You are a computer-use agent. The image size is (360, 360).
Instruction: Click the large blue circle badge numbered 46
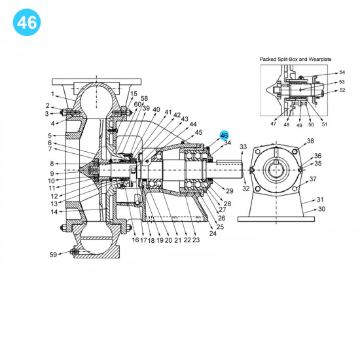pos(27,23)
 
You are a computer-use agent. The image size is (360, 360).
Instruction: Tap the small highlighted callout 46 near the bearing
pos(225,134)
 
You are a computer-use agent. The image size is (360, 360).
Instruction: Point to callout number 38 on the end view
pos(310,141)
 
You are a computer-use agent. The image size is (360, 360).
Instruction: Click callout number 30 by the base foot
pos(321,209)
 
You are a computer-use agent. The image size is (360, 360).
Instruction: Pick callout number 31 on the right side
pos(320,200)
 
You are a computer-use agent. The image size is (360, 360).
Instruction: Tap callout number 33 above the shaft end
pos(243,147)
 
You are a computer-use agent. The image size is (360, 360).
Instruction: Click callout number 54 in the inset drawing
pos(342,73)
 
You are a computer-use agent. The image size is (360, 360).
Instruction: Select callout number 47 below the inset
pos(273,124)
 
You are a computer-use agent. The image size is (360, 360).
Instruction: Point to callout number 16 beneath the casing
pos(135,240)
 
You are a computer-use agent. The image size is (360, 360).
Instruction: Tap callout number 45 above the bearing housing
pos(199,132)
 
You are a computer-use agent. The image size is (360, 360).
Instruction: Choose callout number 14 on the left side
pos(54,211)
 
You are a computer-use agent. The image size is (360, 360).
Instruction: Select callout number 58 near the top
pos(144,98)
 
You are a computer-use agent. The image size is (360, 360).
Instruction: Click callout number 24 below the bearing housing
pos(213,234)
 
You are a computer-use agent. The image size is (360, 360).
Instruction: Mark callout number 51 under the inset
pos(324,124)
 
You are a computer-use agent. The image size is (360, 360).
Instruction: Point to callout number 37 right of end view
pos(313,179)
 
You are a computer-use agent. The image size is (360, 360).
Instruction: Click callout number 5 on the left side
pos(49,135)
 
